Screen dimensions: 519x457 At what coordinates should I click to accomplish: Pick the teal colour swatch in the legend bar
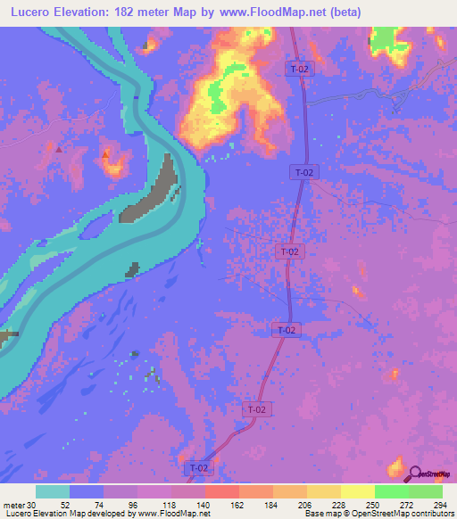coord(53,491)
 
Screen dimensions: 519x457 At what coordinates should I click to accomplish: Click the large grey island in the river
coord(157,188)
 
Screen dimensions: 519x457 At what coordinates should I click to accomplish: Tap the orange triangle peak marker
coord(106,155)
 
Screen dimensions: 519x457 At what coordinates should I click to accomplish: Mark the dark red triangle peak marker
coord(59,149)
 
